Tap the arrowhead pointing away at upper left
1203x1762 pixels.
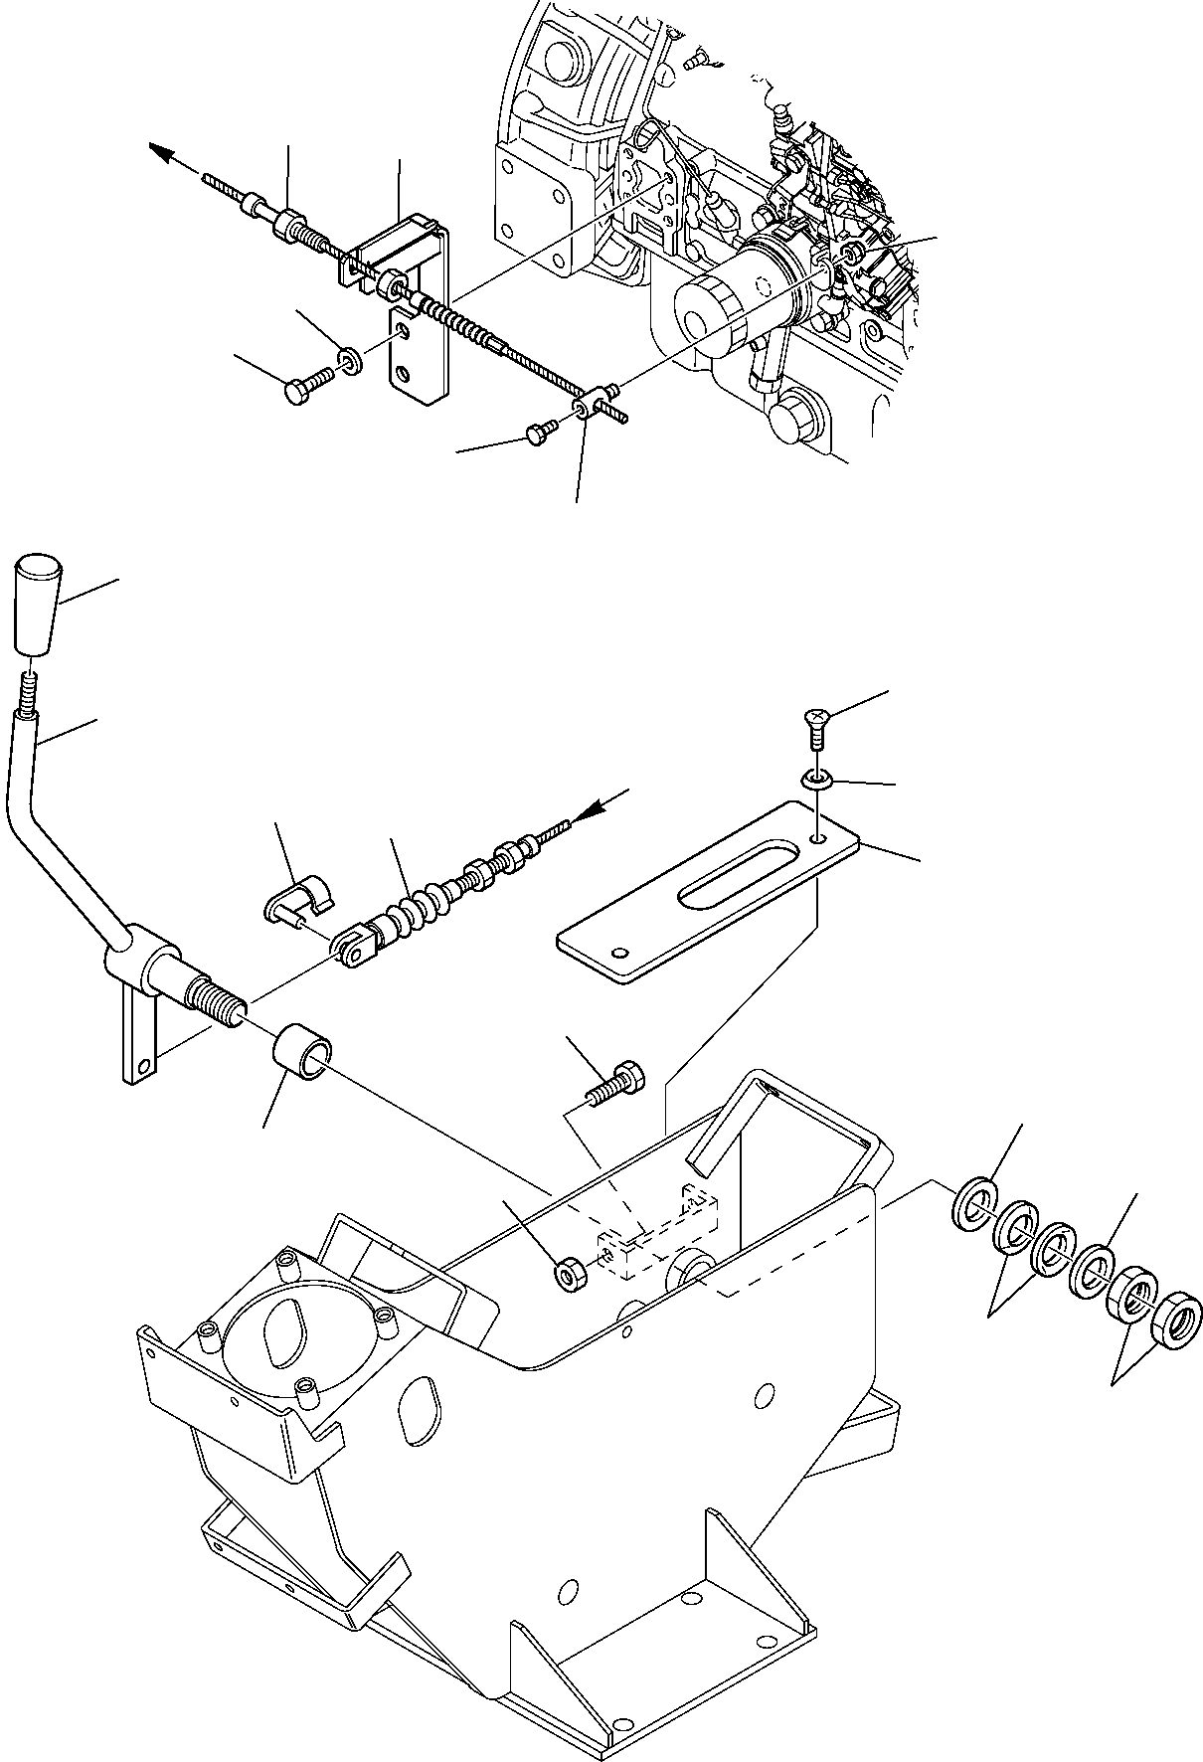161,152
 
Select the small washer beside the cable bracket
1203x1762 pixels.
350,358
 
